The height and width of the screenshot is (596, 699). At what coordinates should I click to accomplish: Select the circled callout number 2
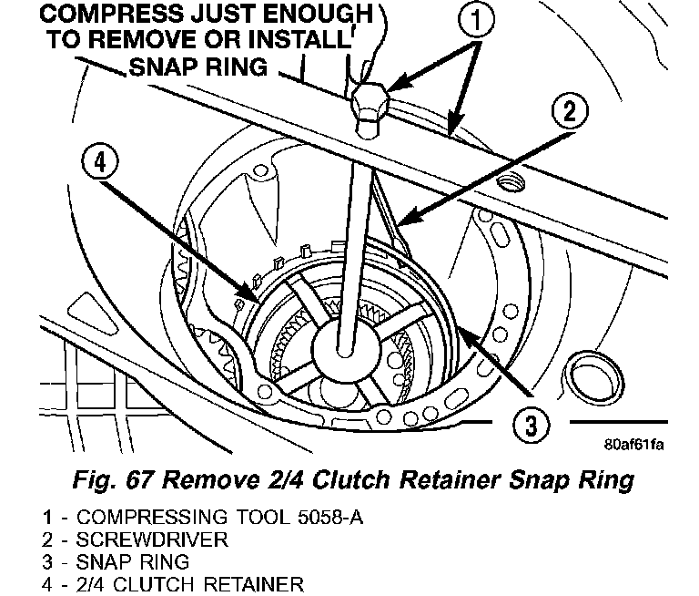pos(568,112)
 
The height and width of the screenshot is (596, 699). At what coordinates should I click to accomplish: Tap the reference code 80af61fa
pos(633,446)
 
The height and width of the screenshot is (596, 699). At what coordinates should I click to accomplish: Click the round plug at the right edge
pos(582,375)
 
